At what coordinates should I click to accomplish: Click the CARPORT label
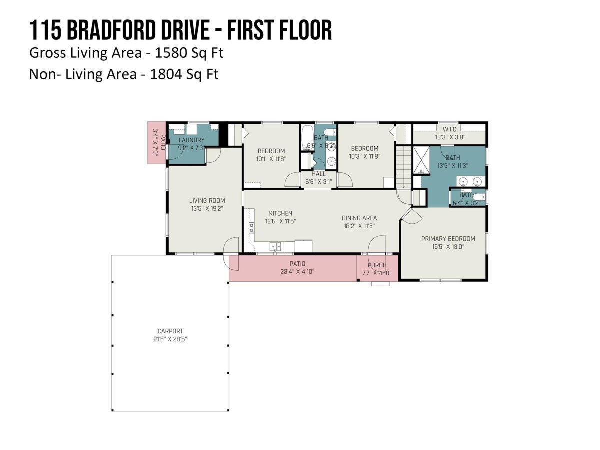point(170,331)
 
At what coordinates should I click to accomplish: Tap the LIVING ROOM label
point(207,201)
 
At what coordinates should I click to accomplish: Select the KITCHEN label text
point(280,213)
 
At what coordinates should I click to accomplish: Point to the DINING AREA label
point(359,218)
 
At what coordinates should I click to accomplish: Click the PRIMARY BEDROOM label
point(448,239)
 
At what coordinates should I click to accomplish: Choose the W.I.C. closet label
point(450,129)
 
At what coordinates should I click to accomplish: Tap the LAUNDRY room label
point(191,140)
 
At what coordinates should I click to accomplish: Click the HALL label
point(318,174)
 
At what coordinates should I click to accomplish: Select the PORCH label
point(377,265)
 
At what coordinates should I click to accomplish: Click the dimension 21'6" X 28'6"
point(170,339)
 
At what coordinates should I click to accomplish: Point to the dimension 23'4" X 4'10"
point(297,272)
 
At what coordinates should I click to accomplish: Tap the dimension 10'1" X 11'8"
point(271,159)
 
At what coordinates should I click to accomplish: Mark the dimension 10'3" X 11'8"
point(365,156)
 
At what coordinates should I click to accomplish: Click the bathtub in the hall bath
point(307,137)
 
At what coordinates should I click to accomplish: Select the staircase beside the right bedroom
point(404,167)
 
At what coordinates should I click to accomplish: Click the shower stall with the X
point(421,160)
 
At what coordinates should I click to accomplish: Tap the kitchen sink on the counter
point(275,246)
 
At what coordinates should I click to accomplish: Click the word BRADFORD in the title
point(112,30)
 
